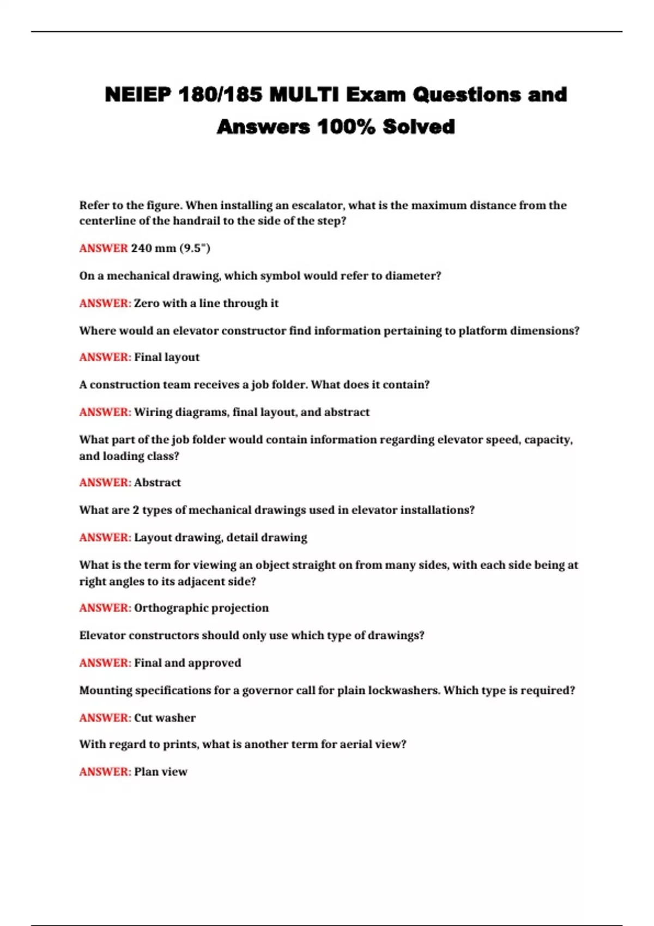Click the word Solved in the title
tap(419, 127)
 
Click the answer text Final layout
tap(167, 357)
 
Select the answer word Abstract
tap(158, 483)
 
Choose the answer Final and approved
tap(187, 663)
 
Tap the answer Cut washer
tap(165, 718)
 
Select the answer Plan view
tap(161, 772)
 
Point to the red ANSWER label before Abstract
tap(105, 483)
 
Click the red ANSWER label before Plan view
tap(105, 772)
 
